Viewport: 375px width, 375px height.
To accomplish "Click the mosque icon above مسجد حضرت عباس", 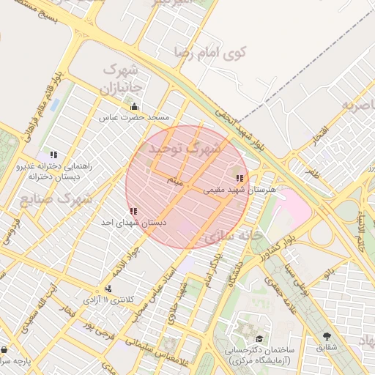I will [133, 106].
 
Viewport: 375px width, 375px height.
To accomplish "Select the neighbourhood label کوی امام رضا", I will [209, 52].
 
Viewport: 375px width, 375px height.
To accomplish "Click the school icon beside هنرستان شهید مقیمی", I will [239, 178].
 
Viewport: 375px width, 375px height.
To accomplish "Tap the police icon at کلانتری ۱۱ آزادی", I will [109, 289].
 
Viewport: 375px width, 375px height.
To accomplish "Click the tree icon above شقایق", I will [326, 336].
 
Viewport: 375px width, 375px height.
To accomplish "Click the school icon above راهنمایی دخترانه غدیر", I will [53, 155].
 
